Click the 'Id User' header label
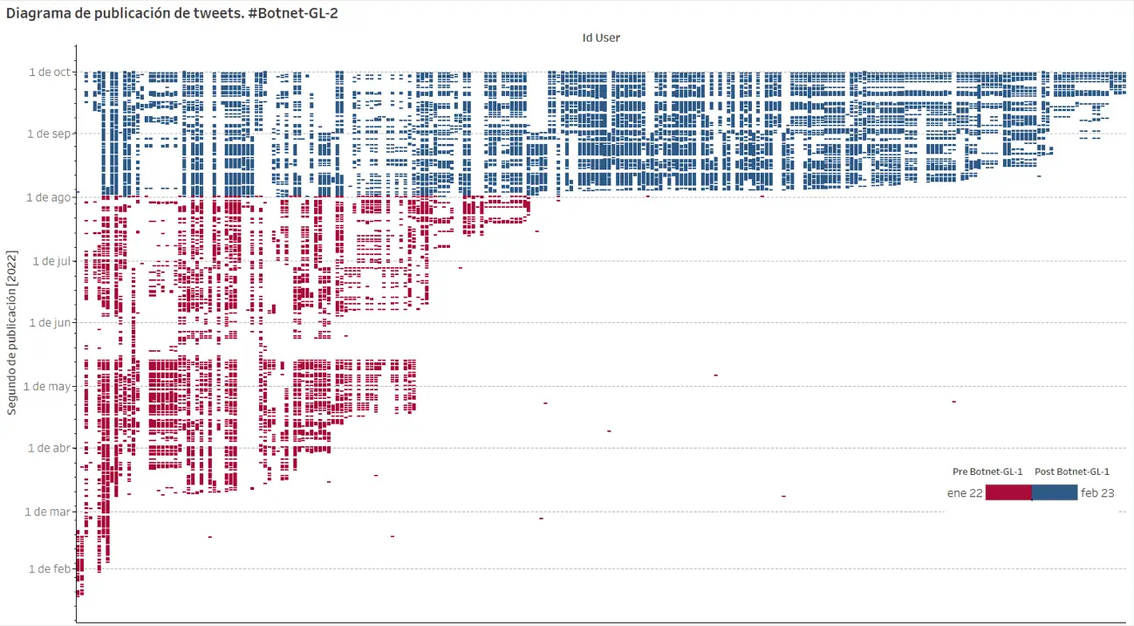[601, 38]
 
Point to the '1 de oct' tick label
[50, 72]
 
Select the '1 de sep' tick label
[49, 134]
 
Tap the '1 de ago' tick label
[49, 197]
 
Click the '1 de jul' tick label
[51, 260]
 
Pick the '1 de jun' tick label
[50, 322]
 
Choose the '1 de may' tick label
[48, 385]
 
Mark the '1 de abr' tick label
[50, 448]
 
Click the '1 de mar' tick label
[48, 511]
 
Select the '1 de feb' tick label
[50, 568]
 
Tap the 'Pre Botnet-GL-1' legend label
[987, 471]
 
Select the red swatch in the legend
[1008, 492]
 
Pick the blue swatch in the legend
[1055, 492]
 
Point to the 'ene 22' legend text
[965, 493]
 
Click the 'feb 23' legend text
[1097, 493]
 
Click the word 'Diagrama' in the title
[36, 13]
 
